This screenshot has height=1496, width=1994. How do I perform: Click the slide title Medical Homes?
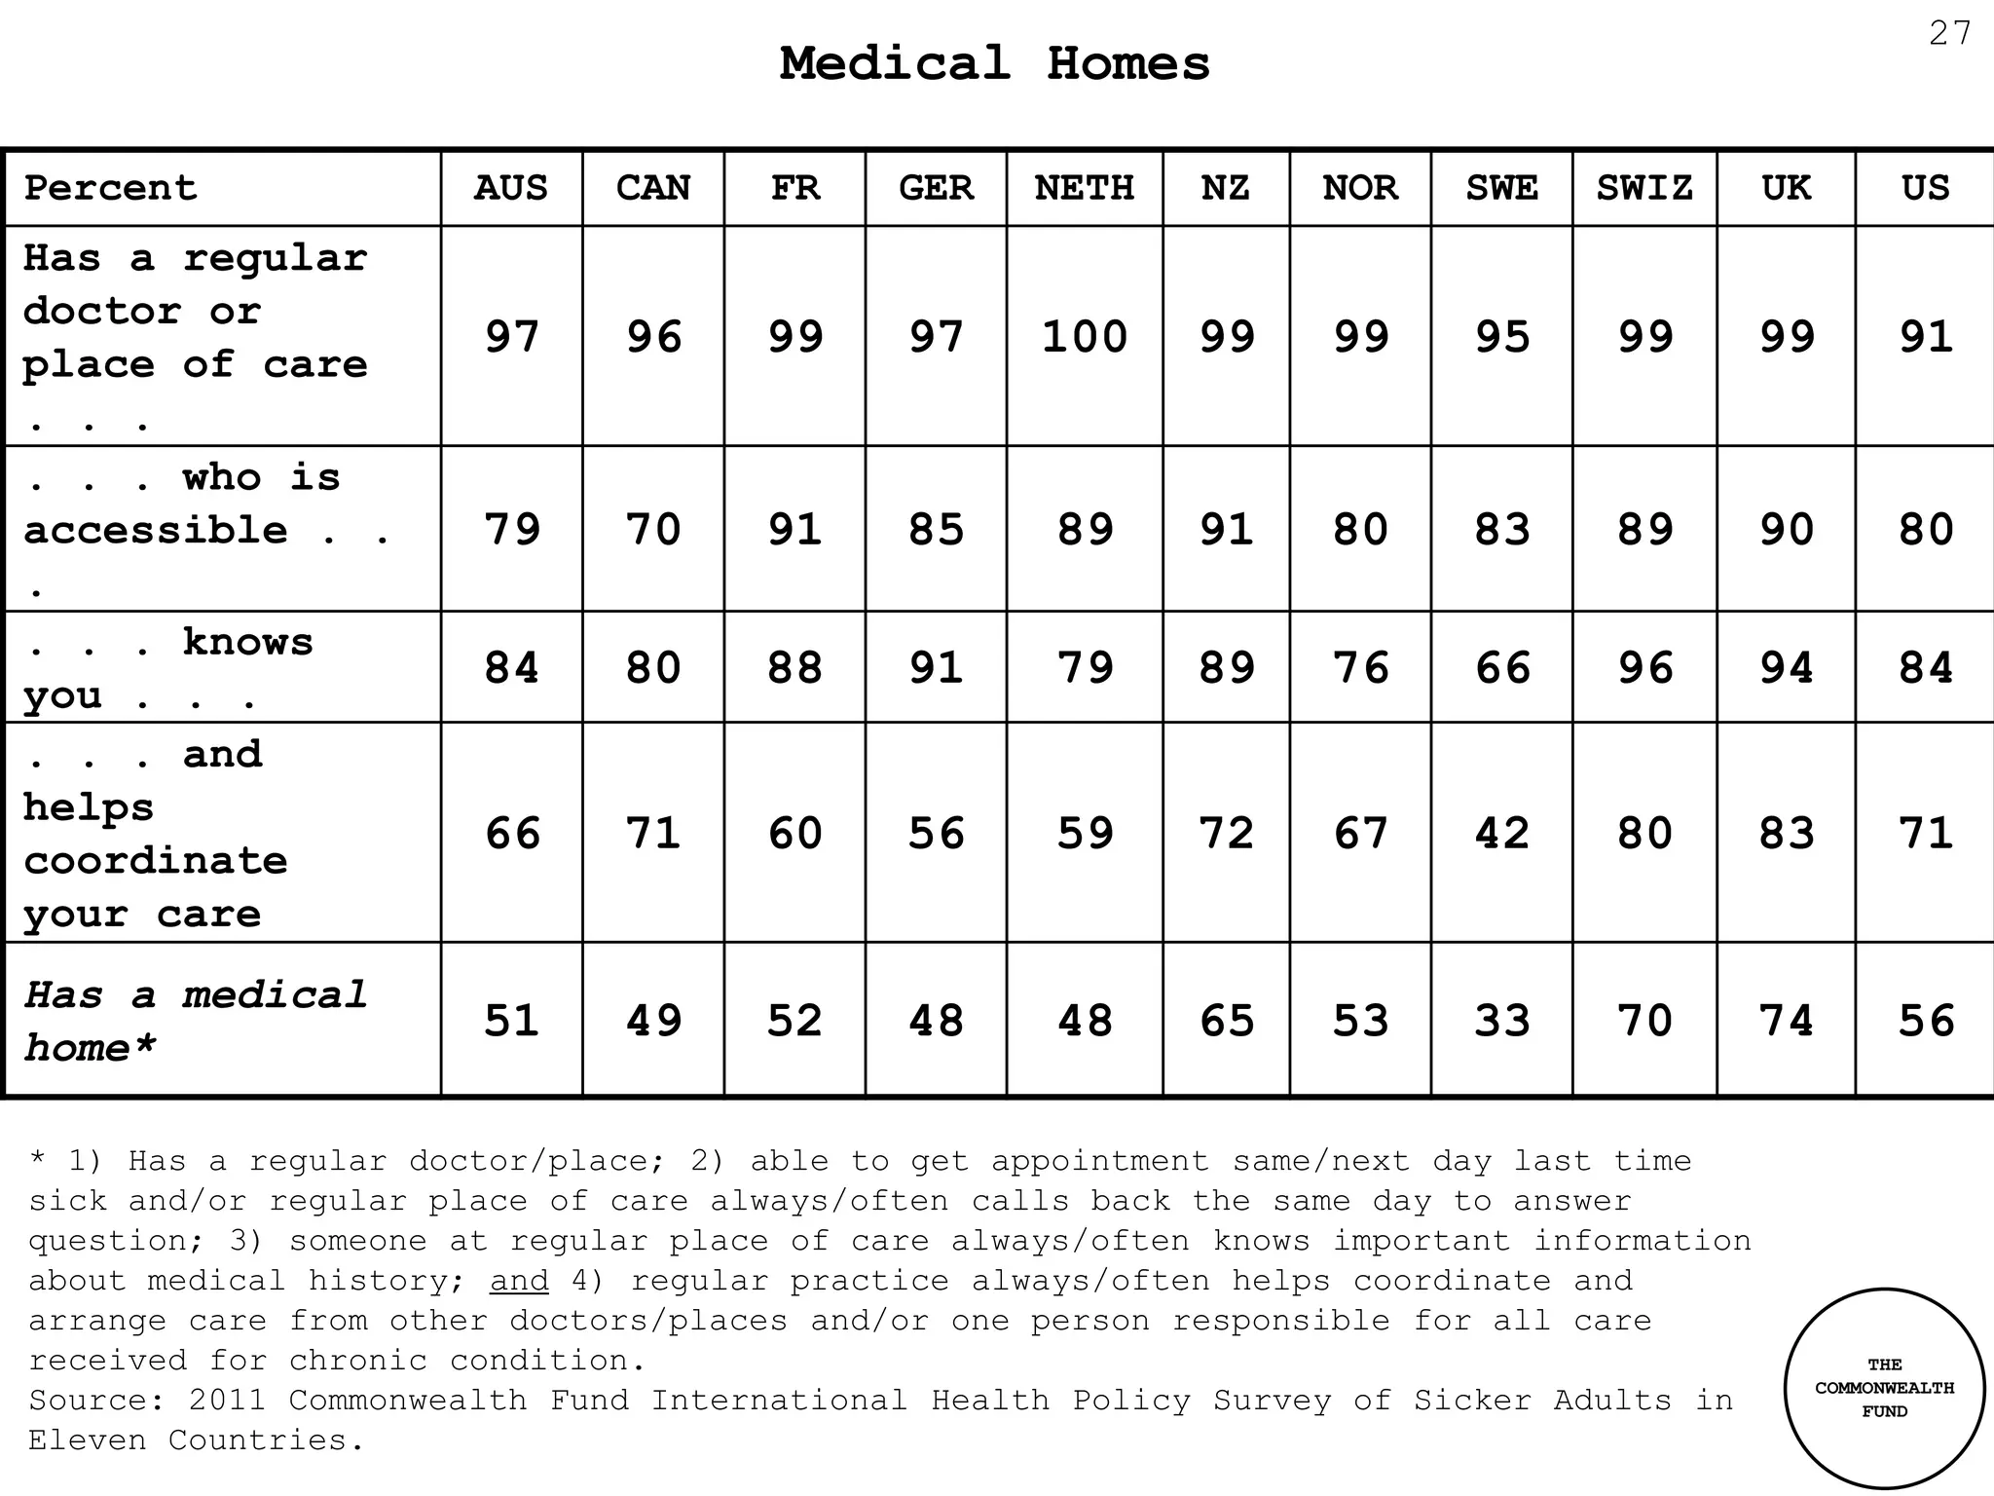click(994, 64)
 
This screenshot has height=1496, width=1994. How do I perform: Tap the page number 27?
click(1949, 34)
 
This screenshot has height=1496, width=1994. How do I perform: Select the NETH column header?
click(1084, 188)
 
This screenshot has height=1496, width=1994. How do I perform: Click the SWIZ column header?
click(1643, 188)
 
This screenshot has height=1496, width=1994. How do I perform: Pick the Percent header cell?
click(110, 188)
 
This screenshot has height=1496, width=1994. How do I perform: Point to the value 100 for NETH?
click(1084, 337)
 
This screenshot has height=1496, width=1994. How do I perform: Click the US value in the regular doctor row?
click(1925, 337)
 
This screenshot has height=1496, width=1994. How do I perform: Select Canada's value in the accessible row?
click(652, 529)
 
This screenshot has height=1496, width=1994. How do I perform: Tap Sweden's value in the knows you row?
click(1501, 668)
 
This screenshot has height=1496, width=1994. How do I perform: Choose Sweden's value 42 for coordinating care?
click(1501, 834)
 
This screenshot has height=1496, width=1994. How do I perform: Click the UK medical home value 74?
click(1786, 1021)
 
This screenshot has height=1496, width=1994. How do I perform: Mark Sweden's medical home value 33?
click(1501, 1021)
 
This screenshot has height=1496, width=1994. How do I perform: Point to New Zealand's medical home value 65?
click(1226, 1021)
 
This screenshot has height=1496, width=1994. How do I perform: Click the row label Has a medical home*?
click(195, 1022)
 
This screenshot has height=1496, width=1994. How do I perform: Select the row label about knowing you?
click(167, 668)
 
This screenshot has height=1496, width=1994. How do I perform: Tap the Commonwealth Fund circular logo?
click(1884, 1388)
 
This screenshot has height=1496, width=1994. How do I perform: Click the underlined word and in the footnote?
click(519, 1281)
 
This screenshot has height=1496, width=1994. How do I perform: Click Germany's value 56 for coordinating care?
click(936, 834)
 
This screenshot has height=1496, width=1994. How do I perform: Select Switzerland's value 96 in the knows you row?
click(1643, 668)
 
